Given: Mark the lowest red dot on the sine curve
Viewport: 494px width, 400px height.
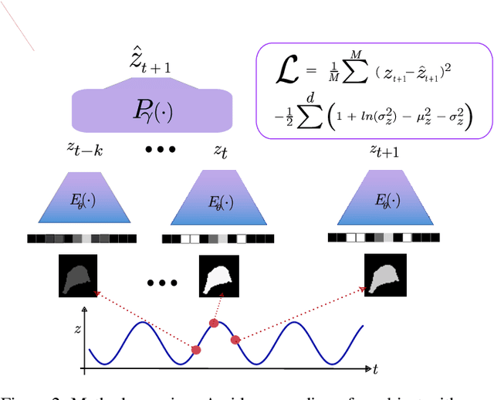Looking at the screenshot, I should point(196,350).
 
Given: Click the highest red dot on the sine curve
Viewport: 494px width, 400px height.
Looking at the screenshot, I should point(214,323).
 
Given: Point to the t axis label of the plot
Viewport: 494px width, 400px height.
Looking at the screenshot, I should point(374,369).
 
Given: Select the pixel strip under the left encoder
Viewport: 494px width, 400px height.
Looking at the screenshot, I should point(82,239).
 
